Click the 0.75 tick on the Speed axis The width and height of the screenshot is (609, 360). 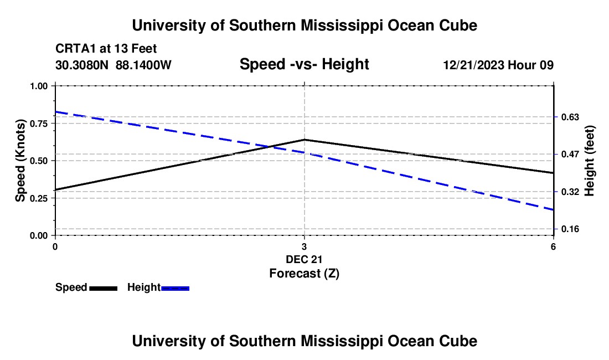coord(53,124)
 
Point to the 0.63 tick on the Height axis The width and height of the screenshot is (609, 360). coord(556,117)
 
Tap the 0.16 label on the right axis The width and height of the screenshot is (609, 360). coord(570,229)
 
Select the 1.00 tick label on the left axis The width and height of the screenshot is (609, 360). coord(39,86)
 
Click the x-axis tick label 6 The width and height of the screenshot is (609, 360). coord(553,246)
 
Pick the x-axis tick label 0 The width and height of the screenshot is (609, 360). coord(55,246)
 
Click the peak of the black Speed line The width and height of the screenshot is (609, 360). coord(304,140)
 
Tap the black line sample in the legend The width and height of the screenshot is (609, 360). coord(104,288)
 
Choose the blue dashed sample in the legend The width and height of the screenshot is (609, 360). coord(175,288)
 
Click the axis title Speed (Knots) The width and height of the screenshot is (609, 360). coord(20,161)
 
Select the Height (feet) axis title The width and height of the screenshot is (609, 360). coord(589,161)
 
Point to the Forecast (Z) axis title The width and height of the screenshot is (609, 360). coord(304,274)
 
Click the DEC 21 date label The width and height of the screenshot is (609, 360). coord(304,259)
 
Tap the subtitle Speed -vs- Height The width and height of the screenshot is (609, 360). coord(304,64)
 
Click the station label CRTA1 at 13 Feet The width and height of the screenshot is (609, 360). coord(106,49)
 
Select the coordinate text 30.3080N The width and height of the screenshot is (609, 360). coord(81,65)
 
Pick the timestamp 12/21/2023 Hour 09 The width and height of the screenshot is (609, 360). coord(498,65)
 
